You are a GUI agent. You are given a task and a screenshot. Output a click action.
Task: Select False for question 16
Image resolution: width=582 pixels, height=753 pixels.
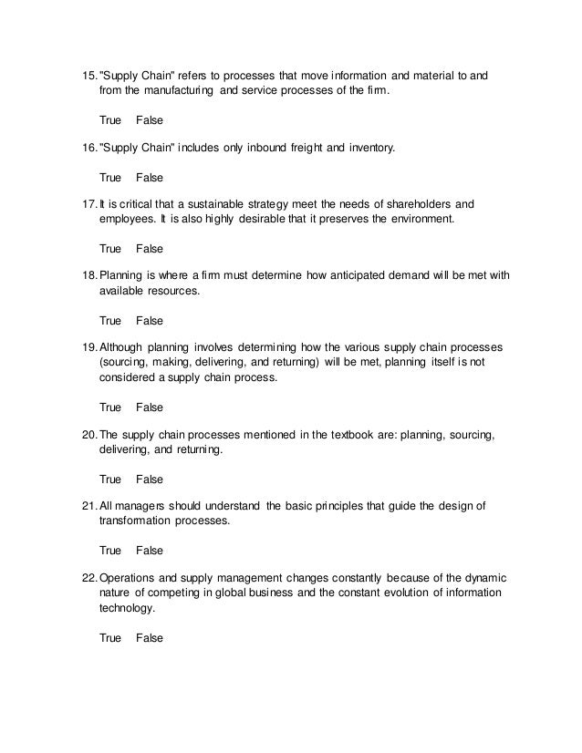coord(149,176)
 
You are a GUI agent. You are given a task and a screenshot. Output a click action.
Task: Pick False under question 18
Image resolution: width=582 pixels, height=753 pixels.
coord(149,320)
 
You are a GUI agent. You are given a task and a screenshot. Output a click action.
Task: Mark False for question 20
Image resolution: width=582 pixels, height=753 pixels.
coord(149,479)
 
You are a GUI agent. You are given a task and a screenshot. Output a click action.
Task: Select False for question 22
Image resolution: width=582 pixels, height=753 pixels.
coord(149,638)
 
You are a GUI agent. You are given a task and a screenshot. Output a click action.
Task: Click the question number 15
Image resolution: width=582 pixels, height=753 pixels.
coord(88,74)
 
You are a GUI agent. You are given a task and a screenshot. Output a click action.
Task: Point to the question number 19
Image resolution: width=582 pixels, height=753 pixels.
coord(88,347)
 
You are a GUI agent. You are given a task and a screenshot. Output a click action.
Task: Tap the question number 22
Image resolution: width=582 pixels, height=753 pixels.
coord(88,579)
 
